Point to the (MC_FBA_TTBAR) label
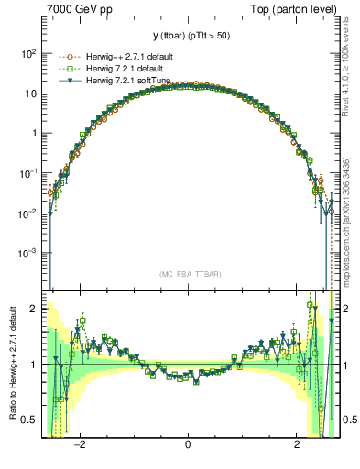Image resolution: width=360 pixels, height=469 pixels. [190, 274]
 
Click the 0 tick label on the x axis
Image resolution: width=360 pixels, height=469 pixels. [188, 444]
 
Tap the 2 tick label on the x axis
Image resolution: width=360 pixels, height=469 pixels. [297, 444]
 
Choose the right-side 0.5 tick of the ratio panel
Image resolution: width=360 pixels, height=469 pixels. [348, 420]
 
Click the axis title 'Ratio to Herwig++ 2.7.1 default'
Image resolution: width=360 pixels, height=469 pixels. [10, 365]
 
